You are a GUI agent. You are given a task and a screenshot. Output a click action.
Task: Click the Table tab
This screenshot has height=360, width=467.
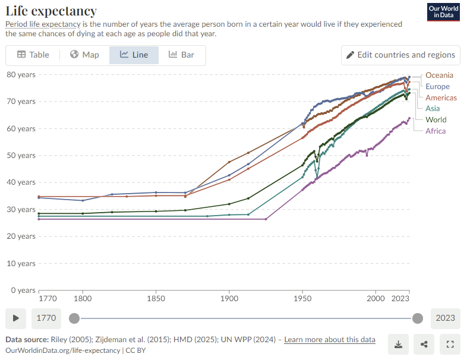[x=33, y=55]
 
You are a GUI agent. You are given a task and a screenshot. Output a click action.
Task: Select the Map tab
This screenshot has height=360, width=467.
[x=84, y=55]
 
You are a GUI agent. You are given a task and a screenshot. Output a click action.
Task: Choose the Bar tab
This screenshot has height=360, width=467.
[x=181, y=55]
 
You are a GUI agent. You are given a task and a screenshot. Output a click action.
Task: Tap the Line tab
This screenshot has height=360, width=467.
[x=134, y=55]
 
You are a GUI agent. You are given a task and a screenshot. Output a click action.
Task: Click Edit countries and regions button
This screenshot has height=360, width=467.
[x=400, y=55]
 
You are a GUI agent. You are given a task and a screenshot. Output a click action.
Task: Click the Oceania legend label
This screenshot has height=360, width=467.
[x=439, y=75]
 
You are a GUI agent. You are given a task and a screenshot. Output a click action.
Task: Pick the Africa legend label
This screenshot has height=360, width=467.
[x=436, y=131]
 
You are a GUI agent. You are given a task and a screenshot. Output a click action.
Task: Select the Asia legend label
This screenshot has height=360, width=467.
[x=433, y=109]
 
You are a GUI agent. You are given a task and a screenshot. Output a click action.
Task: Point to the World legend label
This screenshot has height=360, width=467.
[x=436, y=119]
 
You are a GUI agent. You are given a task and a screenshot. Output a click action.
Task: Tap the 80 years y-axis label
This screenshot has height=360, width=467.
[x=21, y=74]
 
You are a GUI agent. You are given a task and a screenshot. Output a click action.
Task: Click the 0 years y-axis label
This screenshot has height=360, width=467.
[x=23, y=290]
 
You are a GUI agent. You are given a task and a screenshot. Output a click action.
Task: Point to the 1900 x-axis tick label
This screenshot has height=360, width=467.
[x=229, y=299]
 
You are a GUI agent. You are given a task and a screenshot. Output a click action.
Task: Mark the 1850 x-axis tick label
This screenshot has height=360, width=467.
[x=156, y=299]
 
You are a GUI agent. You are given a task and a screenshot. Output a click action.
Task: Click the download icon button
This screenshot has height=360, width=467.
[x=399, y=344]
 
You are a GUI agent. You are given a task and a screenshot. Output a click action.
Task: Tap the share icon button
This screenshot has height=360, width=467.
[x=424, y=344]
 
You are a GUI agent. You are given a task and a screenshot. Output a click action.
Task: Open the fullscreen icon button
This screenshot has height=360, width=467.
[x=450, y=344]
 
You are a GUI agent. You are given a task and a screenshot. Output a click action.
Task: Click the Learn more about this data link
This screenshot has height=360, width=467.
[x=330, y=340]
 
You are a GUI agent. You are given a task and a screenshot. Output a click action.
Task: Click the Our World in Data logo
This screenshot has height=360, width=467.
[x=443, y=12]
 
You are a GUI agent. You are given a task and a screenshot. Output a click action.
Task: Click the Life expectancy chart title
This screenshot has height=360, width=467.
[x=51, y=11]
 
